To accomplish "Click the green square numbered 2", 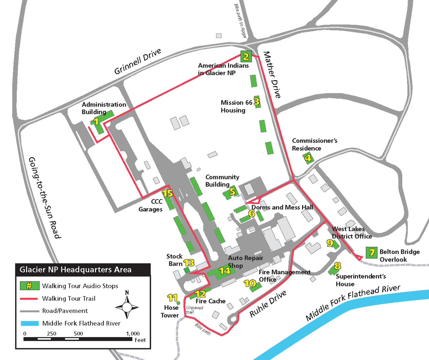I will [x=246, y=56].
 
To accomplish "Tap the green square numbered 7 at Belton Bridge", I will [x=372, y=253].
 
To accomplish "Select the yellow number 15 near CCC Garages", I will [x=168, y=193].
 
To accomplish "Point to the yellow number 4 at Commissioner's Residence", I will [x=308, y=158].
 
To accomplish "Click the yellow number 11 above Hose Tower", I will [x=172, y=298].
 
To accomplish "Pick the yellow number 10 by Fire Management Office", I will [x=250, y=283].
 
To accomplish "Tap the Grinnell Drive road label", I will [x=138, y=61].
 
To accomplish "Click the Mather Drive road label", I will [x=272, y=75].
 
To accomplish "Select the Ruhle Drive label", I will [x=268, y=304].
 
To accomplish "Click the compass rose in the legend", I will [x=127, y=306].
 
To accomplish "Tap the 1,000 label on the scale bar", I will [x=133, y=334].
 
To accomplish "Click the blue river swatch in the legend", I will [x=29, y=323].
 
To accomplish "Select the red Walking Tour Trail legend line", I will [x=29, y=299].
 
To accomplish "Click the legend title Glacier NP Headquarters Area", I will [x=76, y=270].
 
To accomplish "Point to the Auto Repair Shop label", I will [x=246, y=262].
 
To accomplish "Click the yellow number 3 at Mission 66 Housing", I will [x=257, y=102].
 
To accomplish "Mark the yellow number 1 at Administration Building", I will [x=96, y=122].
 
